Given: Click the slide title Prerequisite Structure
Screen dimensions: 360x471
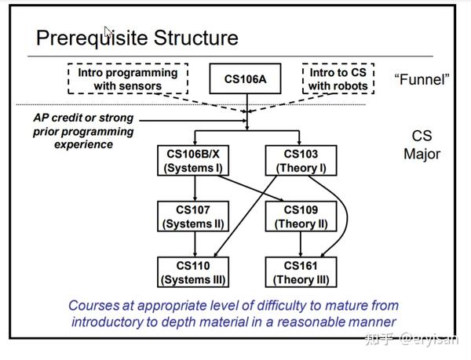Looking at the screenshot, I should pos(137,37).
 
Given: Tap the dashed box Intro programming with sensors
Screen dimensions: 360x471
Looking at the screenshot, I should pos(128,78).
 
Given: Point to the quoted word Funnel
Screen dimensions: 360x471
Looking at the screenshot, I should pos(422,79).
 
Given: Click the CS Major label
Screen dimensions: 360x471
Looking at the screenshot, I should pos(422,145).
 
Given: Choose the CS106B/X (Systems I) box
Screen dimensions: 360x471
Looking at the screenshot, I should pos(193,161).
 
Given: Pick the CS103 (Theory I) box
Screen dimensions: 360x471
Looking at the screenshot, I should pos(300,161).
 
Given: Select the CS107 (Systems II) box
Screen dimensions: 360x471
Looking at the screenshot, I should pos(193,216).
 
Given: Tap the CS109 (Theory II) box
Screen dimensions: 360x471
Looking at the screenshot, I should pos(300,216).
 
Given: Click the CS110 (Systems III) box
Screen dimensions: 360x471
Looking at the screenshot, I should pos(193,272).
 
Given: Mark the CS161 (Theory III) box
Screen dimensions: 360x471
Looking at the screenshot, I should pos(300,272).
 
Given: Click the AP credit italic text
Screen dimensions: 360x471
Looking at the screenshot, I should pos(83,131).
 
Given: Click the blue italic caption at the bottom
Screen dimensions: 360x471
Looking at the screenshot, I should pos(233,313).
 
